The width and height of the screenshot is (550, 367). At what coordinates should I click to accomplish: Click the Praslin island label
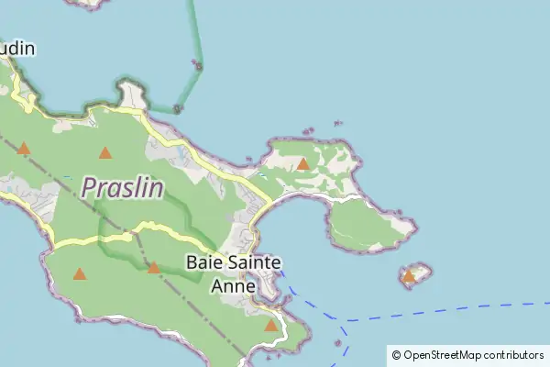click(x=123, y=188)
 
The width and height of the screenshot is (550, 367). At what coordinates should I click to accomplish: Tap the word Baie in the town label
click(x=203, y=262)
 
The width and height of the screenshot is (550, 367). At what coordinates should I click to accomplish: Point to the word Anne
click(x=234, y=286)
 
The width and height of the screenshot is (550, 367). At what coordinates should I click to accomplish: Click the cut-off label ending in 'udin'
click(x=17, y=48)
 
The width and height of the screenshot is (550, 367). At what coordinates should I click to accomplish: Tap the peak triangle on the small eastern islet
click(x=409, y=275)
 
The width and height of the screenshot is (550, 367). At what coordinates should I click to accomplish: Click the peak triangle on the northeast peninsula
click(x=303, y=164)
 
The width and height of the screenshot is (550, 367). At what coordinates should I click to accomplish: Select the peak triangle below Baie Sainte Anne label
click(x=270, y=325)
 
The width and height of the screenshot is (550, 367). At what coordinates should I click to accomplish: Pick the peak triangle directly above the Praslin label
click(x=105, y=153)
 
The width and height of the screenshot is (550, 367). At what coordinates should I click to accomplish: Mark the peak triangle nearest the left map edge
click(x=24, y=148)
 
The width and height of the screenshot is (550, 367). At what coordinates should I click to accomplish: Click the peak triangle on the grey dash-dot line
click(x=153, y=268)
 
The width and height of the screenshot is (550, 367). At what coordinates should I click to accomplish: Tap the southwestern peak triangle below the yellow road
click(x=80, y=273)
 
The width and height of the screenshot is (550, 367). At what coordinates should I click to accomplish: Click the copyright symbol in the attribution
click(x=396, y=355)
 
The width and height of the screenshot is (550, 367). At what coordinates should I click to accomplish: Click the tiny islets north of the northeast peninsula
click(x=337, y=124)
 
